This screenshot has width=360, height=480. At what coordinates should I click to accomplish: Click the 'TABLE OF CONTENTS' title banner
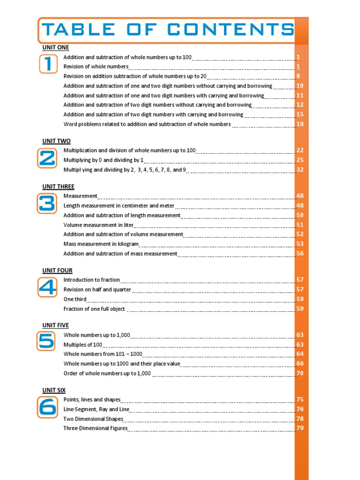click(167, 30)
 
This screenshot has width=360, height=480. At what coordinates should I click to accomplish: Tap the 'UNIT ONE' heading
click(55, 48)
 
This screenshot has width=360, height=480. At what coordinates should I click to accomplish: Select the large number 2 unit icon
click(47, 159)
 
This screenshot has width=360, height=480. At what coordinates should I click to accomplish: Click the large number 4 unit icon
click(47, 287)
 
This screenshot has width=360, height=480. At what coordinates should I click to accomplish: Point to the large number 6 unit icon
click(47, 407)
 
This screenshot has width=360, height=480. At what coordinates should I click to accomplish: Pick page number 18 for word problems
click(300, 124)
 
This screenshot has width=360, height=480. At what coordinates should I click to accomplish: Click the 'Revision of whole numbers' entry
click(96, 67)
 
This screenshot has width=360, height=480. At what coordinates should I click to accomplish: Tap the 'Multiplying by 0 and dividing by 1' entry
click(103, 160)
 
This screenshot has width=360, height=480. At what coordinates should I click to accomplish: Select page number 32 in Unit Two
click(300, 170)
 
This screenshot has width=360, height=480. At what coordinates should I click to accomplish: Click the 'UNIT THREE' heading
click(58, 187)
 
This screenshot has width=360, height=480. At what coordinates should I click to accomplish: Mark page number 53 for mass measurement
click(300, 244)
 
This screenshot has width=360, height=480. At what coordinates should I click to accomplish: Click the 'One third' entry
click(75, 299)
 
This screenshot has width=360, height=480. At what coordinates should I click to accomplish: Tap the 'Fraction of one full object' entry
click(94, 309)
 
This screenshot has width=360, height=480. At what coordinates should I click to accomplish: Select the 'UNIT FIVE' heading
click(55, 325)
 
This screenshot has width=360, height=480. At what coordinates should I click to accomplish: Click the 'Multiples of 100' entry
click(82, 345)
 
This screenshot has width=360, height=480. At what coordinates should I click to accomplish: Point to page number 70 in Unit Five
click(300, 374)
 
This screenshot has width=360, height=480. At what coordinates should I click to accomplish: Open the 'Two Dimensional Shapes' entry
click(93, 419)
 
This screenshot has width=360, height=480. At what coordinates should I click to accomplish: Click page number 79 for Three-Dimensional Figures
click(300, 428)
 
